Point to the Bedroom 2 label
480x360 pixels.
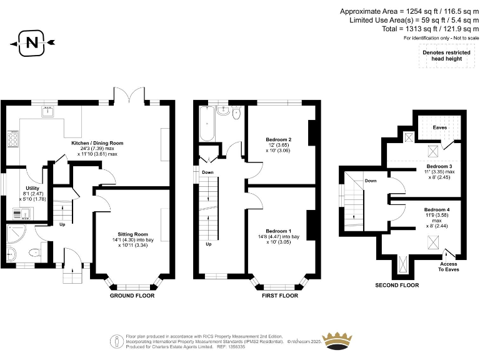tap(279, 139)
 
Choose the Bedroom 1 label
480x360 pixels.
tap(278, 231)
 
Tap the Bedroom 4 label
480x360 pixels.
tap(437, 209)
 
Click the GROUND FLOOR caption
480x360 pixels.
tap(132, 295)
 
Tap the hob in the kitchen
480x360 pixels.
tap(12, 138)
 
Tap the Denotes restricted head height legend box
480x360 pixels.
tap(446, 55)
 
